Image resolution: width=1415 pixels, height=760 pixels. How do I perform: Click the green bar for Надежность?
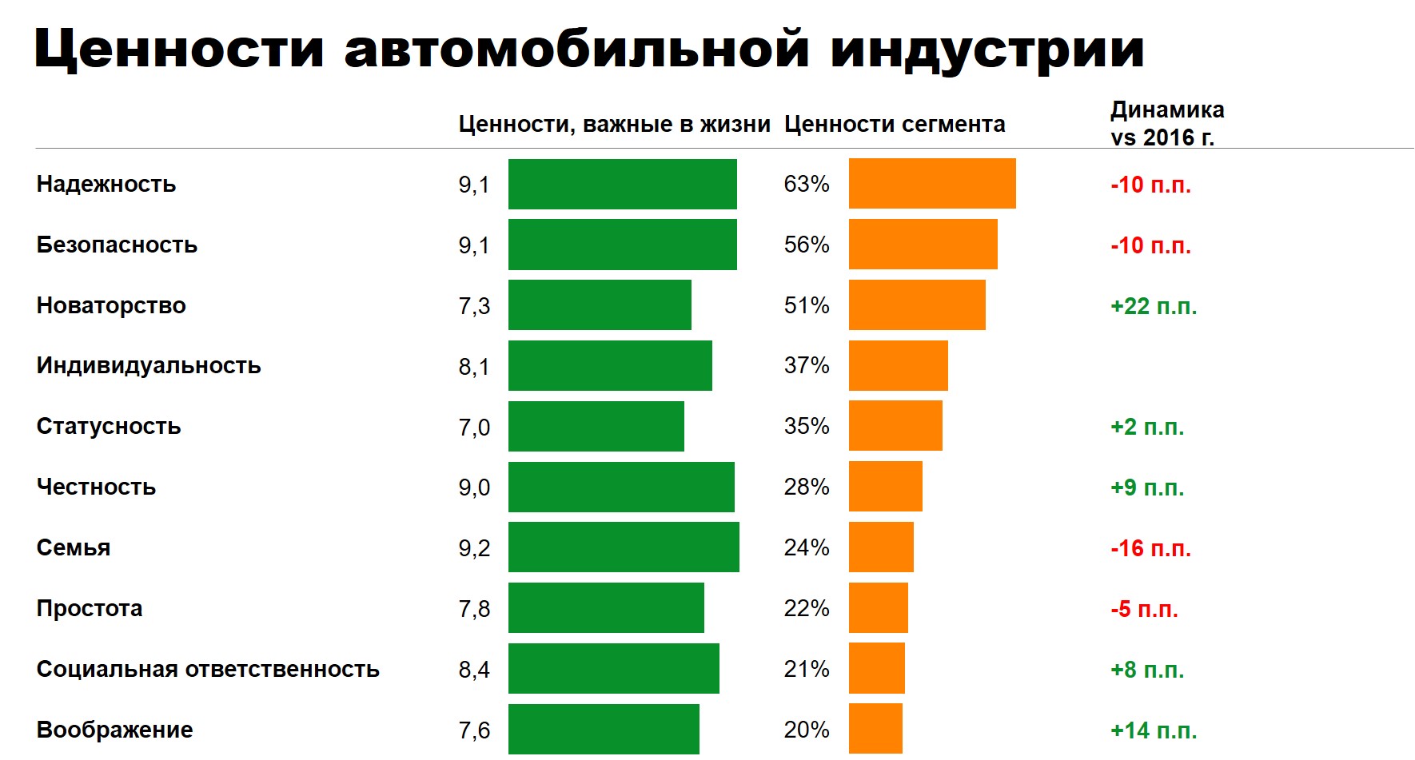pos(622,184)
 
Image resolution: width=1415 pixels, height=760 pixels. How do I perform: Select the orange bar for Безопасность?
pos(923,245)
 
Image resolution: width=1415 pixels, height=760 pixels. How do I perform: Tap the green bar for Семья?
pos(624,547)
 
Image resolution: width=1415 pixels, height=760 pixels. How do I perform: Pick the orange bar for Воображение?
pos(875,729)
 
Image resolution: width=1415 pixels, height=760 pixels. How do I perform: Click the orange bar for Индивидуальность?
pos(898,366)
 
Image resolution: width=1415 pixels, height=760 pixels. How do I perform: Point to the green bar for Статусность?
pos(596,427)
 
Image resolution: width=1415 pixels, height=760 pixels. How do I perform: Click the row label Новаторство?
pos(111,305)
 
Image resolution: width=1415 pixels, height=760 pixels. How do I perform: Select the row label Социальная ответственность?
pos(208,669)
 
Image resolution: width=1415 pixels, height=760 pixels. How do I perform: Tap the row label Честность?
pos(96,487)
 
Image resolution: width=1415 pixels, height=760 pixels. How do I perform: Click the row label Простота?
pos(90,608)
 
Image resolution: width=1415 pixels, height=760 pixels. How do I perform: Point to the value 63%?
pos(807,184)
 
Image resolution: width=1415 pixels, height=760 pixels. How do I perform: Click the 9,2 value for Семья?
pos(474,548)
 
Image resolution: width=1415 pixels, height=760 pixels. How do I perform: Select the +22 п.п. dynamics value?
pos(1154,306)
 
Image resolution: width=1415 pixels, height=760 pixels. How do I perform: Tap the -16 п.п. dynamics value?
pos(1150,548)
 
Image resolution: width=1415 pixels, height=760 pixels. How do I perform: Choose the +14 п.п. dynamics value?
pos(1154,730)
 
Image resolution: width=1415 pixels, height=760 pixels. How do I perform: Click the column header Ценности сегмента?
pos(895,125)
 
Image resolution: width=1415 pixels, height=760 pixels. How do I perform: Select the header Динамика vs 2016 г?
pos(1166,123)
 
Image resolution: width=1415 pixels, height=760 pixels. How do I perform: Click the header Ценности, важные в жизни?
pos(614,125)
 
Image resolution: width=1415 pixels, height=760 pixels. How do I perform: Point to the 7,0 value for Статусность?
pos(474,427)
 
